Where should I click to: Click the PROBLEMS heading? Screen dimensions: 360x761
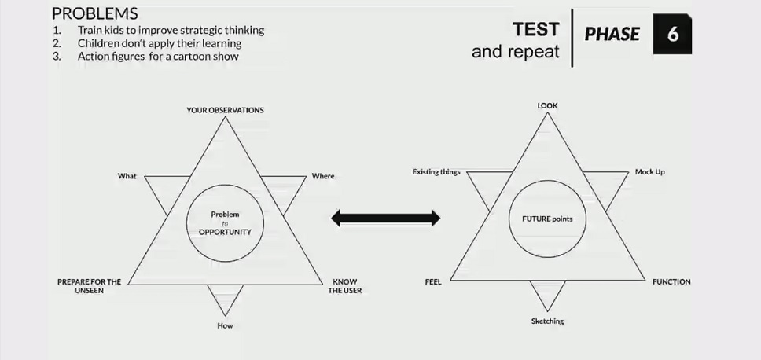[x=95, y=13]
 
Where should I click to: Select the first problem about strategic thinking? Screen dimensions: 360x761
[x=171, y=31]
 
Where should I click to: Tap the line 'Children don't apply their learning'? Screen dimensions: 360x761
[x=160, y=43]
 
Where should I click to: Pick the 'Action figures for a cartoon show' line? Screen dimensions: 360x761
[x=158, y=57]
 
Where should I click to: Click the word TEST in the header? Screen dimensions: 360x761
[x=536, y=30]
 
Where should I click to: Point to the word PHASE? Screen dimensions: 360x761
[x=612, y=35]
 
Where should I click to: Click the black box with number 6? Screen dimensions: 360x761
[x=672, y=35]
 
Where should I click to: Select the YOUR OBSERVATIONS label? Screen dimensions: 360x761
[x=225, y=110]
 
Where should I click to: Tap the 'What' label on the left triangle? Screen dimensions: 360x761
[x=127, y=176]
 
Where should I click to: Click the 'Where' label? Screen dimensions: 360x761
[x=323, y=176]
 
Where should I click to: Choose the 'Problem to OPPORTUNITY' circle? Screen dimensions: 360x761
[x=225, y=223]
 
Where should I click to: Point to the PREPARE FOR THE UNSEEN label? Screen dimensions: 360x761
[x=89, y=285]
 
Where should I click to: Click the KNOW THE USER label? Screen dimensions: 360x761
[x=345, y=285]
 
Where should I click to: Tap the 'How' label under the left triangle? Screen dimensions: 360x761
[x=225, y=325]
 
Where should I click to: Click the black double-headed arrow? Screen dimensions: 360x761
[x=385, y=218]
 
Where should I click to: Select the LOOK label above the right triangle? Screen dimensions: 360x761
[x=548, y=105]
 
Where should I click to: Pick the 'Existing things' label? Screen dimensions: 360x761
[x=436, y=171]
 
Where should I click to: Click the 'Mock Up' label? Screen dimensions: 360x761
[x=649, y=171]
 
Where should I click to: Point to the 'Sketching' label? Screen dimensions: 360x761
[x=547, y=321]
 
